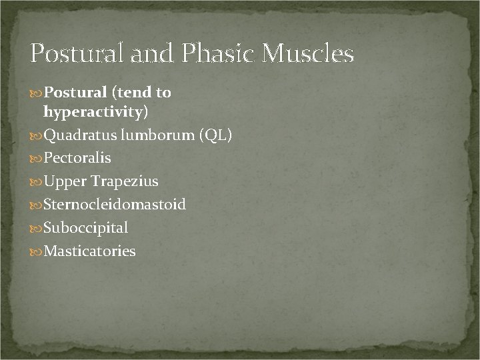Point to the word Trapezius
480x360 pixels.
[125, 181]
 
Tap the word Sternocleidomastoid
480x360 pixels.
[115, 204]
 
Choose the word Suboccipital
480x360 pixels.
[85, 227]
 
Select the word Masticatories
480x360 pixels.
[89, 251]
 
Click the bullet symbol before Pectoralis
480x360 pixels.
[36, 159]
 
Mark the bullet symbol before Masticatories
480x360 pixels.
[36, 252]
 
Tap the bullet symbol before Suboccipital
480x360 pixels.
[36, 228]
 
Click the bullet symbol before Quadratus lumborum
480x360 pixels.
[36, 136]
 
